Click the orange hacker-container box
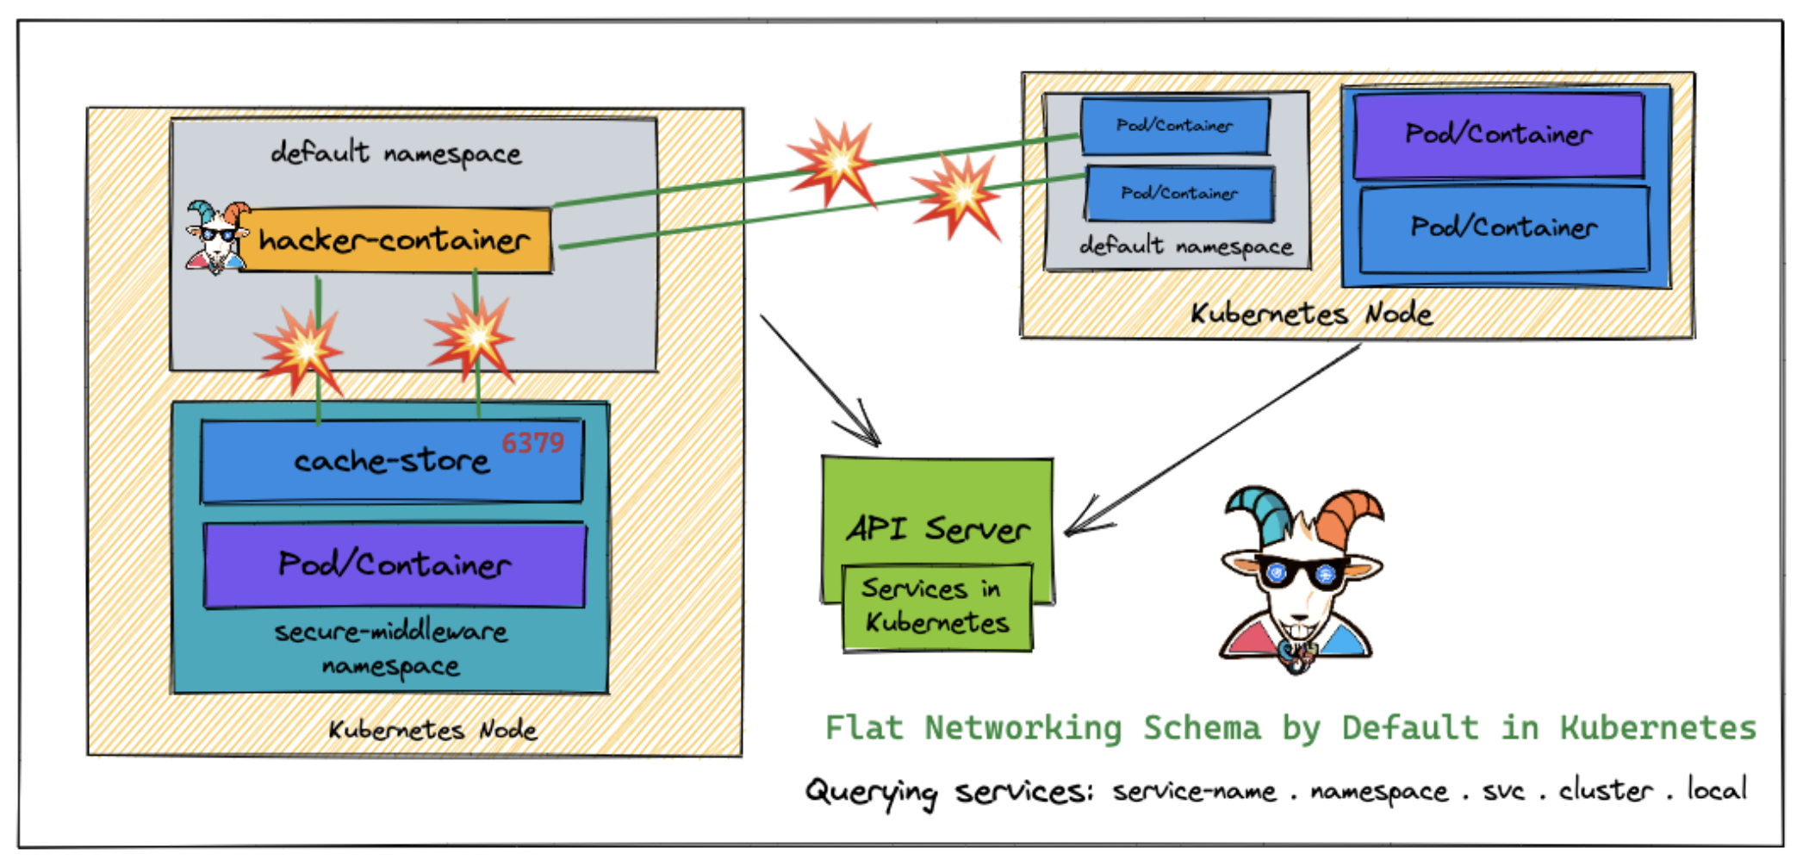[395, 240]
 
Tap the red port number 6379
[532, 443]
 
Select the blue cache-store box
[392, 462]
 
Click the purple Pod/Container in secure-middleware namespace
[395, 565]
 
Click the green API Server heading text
[937, 528]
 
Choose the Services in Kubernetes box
[937, 607]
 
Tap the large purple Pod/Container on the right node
[1499, 134]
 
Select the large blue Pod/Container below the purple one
[1504, 228]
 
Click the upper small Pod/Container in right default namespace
[1175, 126]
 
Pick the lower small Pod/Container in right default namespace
[1179, 194]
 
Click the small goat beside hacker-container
[215, 238]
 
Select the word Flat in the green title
[864, 728]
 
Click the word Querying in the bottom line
[871, 792]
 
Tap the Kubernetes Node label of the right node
[1311, 314]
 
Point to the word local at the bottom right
[1717, 789]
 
